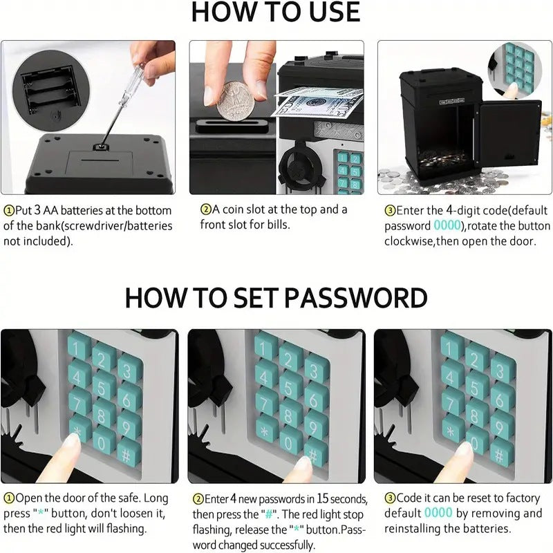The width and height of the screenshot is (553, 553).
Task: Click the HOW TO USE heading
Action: click(275, 12)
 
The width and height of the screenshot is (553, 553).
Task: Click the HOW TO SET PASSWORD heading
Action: click(276, 298)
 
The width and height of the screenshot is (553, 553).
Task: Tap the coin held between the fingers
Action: click(235, 101)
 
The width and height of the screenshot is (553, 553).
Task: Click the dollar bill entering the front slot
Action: click(316, 104)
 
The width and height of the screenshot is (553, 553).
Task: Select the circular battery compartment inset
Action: click(50, 87)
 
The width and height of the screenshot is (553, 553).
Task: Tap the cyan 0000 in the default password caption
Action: click(447, 225)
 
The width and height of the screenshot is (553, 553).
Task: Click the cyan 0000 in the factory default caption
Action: click(438, 513)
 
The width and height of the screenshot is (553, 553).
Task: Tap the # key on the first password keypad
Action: click(129, 455)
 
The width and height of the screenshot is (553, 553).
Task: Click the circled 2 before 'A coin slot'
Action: click(205, 209)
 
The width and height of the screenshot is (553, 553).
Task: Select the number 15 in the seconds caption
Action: click(323, 498)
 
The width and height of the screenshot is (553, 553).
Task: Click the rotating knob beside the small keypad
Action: click(299, 168)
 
